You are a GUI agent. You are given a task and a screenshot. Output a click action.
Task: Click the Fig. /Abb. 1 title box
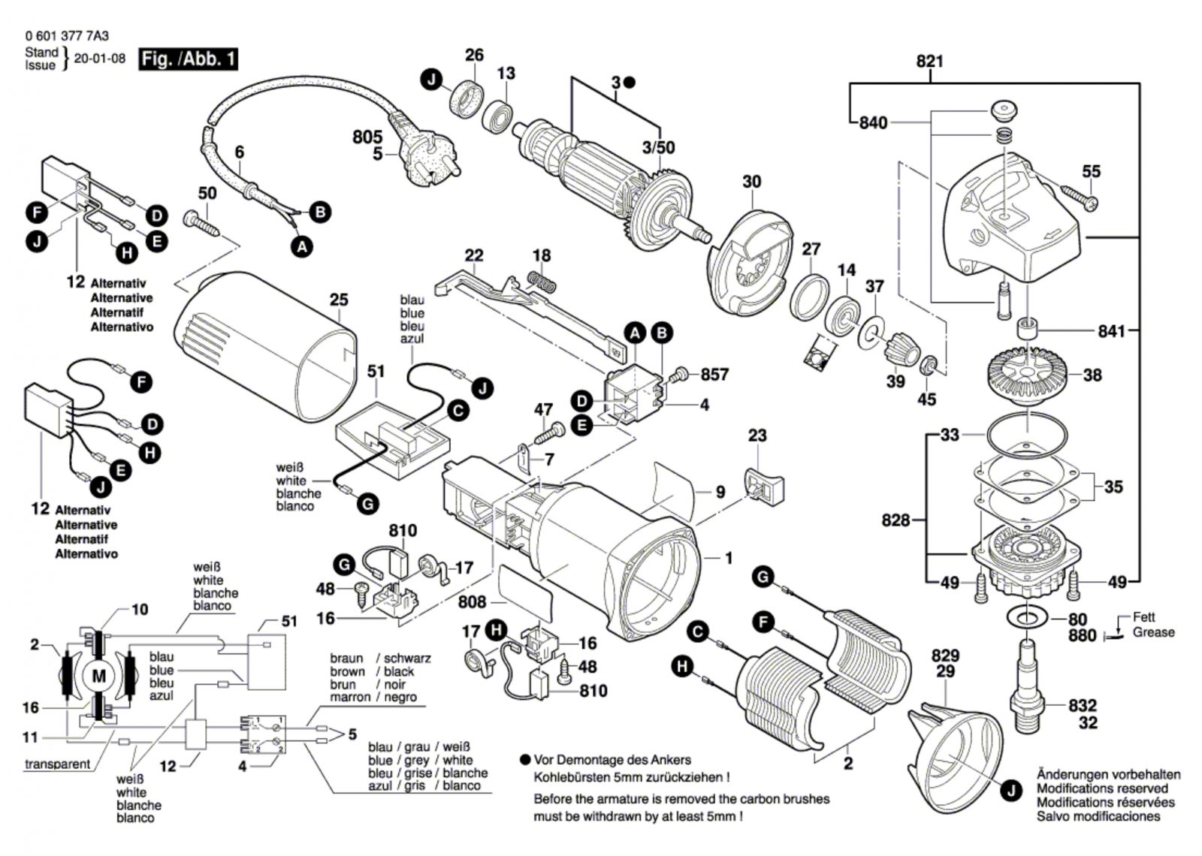tap(189, 59)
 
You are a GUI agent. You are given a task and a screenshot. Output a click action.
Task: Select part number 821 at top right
tap(929, 62)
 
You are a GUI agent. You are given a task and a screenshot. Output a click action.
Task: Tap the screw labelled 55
tap(1079, 197)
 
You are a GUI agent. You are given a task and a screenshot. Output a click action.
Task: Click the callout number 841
tap(1112, 331)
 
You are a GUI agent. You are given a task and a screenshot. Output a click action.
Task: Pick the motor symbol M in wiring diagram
tap(98, 675)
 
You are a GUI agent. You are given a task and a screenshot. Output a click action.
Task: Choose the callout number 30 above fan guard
tap(751, 182)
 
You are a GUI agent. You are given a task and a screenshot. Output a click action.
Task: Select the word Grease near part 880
tap(1153, 632)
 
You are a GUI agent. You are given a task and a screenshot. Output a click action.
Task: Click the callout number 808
tap(472, 602)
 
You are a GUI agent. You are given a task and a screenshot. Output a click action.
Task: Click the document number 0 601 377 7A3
tap(67, 35)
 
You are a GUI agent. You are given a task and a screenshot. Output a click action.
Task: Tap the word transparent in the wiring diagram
tap(57, 764)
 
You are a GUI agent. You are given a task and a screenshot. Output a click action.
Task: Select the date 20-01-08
tap(99, 59)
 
